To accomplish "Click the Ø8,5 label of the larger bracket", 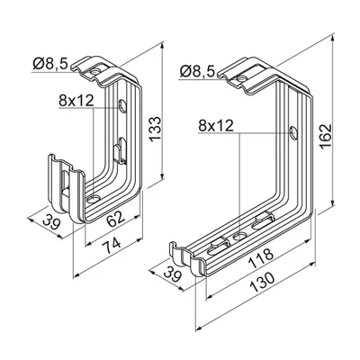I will coord(197,69).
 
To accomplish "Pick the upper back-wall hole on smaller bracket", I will coord(121,107).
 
